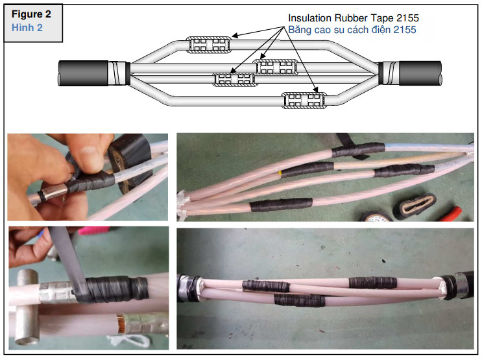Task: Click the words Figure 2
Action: click(x=31, y=14)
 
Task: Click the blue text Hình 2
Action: click(x=27, y=28)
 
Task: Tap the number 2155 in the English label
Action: click(x=407, y=18)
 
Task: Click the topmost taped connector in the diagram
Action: click(x=208, y=45)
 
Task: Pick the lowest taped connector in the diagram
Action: click(x=304, y=101)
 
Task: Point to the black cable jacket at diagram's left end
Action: click(x=83, y=73)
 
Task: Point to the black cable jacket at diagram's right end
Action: click(x=420, y=73)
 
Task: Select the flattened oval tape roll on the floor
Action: click(x=415, y=206)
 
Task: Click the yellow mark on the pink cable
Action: click(x=280, y=173)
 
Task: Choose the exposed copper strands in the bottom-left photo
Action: click(x=119, y=324)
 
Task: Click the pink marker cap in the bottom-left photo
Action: click(x=93, y=230)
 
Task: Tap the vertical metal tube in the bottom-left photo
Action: click(x=27, y=307)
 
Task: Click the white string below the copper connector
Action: click(x=129, y=341)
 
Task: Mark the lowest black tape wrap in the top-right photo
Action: click(x=281, y=205)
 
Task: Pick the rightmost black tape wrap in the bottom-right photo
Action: click(x=372, y=283)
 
